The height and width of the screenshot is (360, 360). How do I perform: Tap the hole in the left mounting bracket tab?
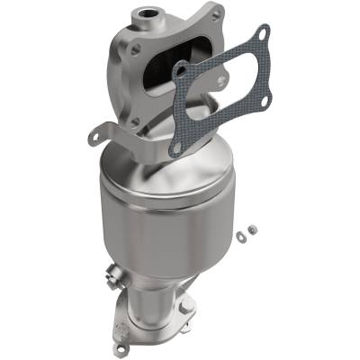pyautogui.click(x=96, y=135)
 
